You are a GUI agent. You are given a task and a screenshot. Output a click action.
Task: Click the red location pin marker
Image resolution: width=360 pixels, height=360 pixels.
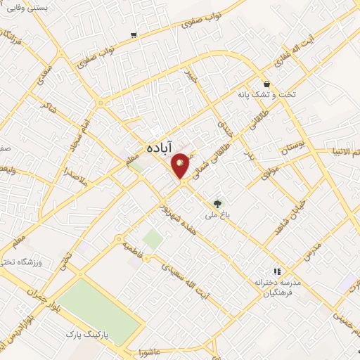pyautogui.click(x=181, y=166)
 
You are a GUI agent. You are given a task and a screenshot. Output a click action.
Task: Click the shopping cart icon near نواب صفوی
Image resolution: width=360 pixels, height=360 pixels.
pyautogui.click(x=134, y=34)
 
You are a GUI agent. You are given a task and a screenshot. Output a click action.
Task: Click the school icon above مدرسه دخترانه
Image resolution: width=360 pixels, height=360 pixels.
pyautogui.click(x=277, y=271)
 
